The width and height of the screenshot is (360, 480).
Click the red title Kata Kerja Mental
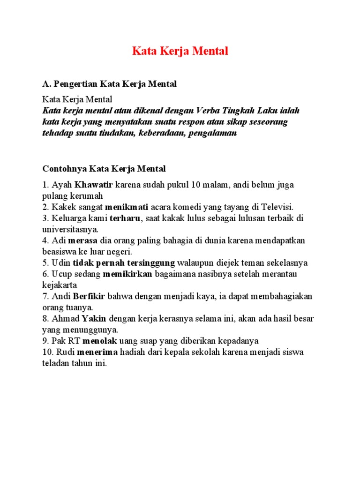(x=180, y=51)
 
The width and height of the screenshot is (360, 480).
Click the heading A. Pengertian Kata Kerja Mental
(x=109, y=84)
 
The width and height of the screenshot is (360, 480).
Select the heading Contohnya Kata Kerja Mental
(x=104, y=168)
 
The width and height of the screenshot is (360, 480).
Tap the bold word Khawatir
(x=94, y=184)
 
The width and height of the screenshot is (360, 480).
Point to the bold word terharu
(x=125, y=218)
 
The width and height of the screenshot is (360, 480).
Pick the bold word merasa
(x=83, y=240)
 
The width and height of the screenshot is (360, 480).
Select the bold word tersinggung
(x=152, y=263)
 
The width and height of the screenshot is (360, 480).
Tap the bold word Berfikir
(x=90, y=297)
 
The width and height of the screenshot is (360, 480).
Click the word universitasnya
(x=70, y=229)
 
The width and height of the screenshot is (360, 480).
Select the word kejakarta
(x=60, y=285)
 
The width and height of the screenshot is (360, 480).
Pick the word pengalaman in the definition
(x=214, y=134)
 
